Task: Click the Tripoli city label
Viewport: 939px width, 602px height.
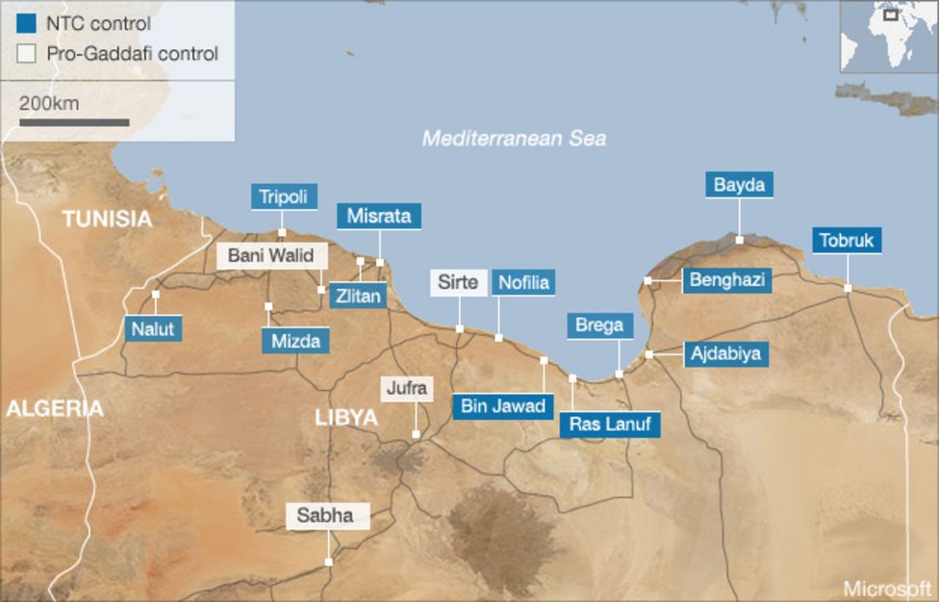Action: tap(283, 196)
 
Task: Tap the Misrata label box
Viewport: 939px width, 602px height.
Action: tap(379, 216)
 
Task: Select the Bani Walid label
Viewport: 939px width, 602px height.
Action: tap(272, 256)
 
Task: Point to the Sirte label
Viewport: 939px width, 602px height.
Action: tap(457, 282)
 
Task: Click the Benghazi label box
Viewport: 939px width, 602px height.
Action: tap(727, 280)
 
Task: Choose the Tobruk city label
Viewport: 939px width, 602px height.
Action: tap(847, 240)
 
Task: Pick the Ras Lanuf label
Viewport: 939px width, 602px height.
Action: tap(610, 423)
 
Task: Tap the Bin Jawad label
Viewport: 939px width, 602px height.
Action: tap(502, 406)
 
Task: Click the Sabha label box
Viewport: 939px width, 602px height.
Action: tap(325, 515)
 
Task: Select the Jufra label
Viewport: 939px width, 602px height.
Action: tap(408, 389)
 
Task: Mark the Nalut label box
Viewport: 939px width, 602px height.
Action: tap(153, 328)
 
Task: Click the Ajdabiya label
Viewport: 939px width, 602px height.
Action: tap(725, 353)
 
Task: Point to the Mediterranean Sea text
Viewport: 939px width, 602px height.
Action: tap(515, 139)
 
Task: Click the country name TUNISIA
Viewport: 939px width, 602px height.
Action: tap(107, 219)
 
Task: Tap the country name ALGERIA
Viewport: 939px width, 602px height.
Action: tap(54, 408)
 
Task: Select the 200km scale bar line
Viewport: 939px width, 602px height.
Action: tap(74, 122)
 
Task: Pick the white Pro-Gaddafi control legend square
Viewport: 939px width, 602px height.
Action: tap(27, 54)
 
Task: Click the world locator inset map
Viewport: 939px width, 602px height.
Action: tap(888, 36)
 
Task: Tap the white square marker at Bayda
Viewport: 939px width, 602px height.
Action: tap(739, 239)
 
